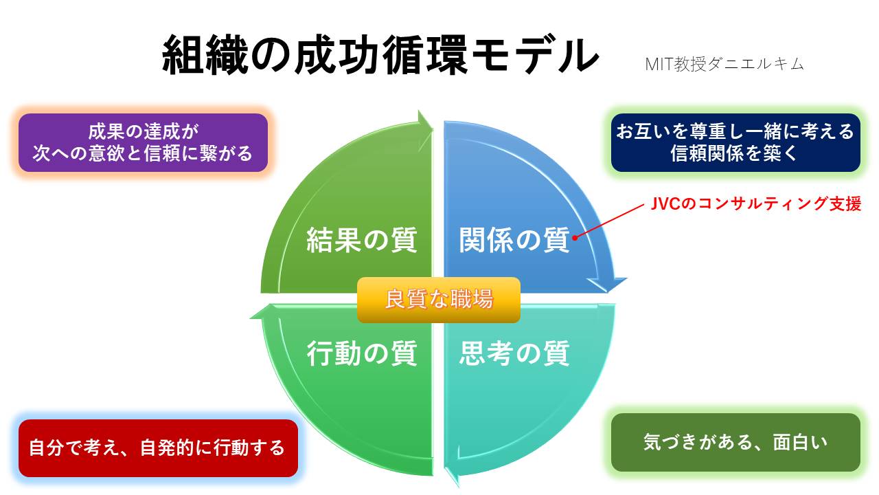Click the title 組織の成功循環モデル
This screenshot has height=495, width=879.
(x=380, y=56)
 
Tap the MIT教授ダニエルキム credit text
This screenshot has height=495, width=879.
(x=724, y=64)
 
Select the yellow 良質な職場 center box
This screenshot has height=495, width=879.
(x=438, y=300)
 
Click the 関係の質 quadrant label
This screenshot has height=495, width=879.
(x=514, y=241)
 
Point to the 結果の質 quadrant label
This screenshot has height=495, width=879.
(x=361, y=241)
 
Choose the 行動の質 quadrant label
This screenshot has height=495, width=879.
(x=361, y=353)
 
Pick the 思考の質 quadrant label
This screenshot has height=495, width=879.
(x=514, y=353)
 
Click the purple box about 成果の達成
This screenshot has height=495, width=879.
(x=143, y=142)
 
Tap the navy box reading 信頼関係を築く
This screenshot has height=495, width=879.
(x=735, y=142)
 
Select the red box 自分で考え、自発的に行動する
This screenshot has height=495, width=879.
(x=157, y=448)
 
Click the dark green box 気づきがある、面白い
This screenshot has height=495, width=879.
(x=735, y=442)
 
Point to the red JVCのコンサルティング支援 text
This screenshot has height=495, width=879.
(x=755, y=204)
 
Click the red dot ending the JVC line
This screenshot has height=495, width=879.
(x=574, y=238)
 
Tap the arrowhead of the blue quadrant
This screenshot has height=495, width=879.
(x=608, y=283)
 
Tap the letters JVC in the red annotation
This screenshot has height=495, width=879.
(x=663, y=204)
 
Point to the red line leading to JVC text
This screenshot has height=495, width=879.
(x=608, y=221)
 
